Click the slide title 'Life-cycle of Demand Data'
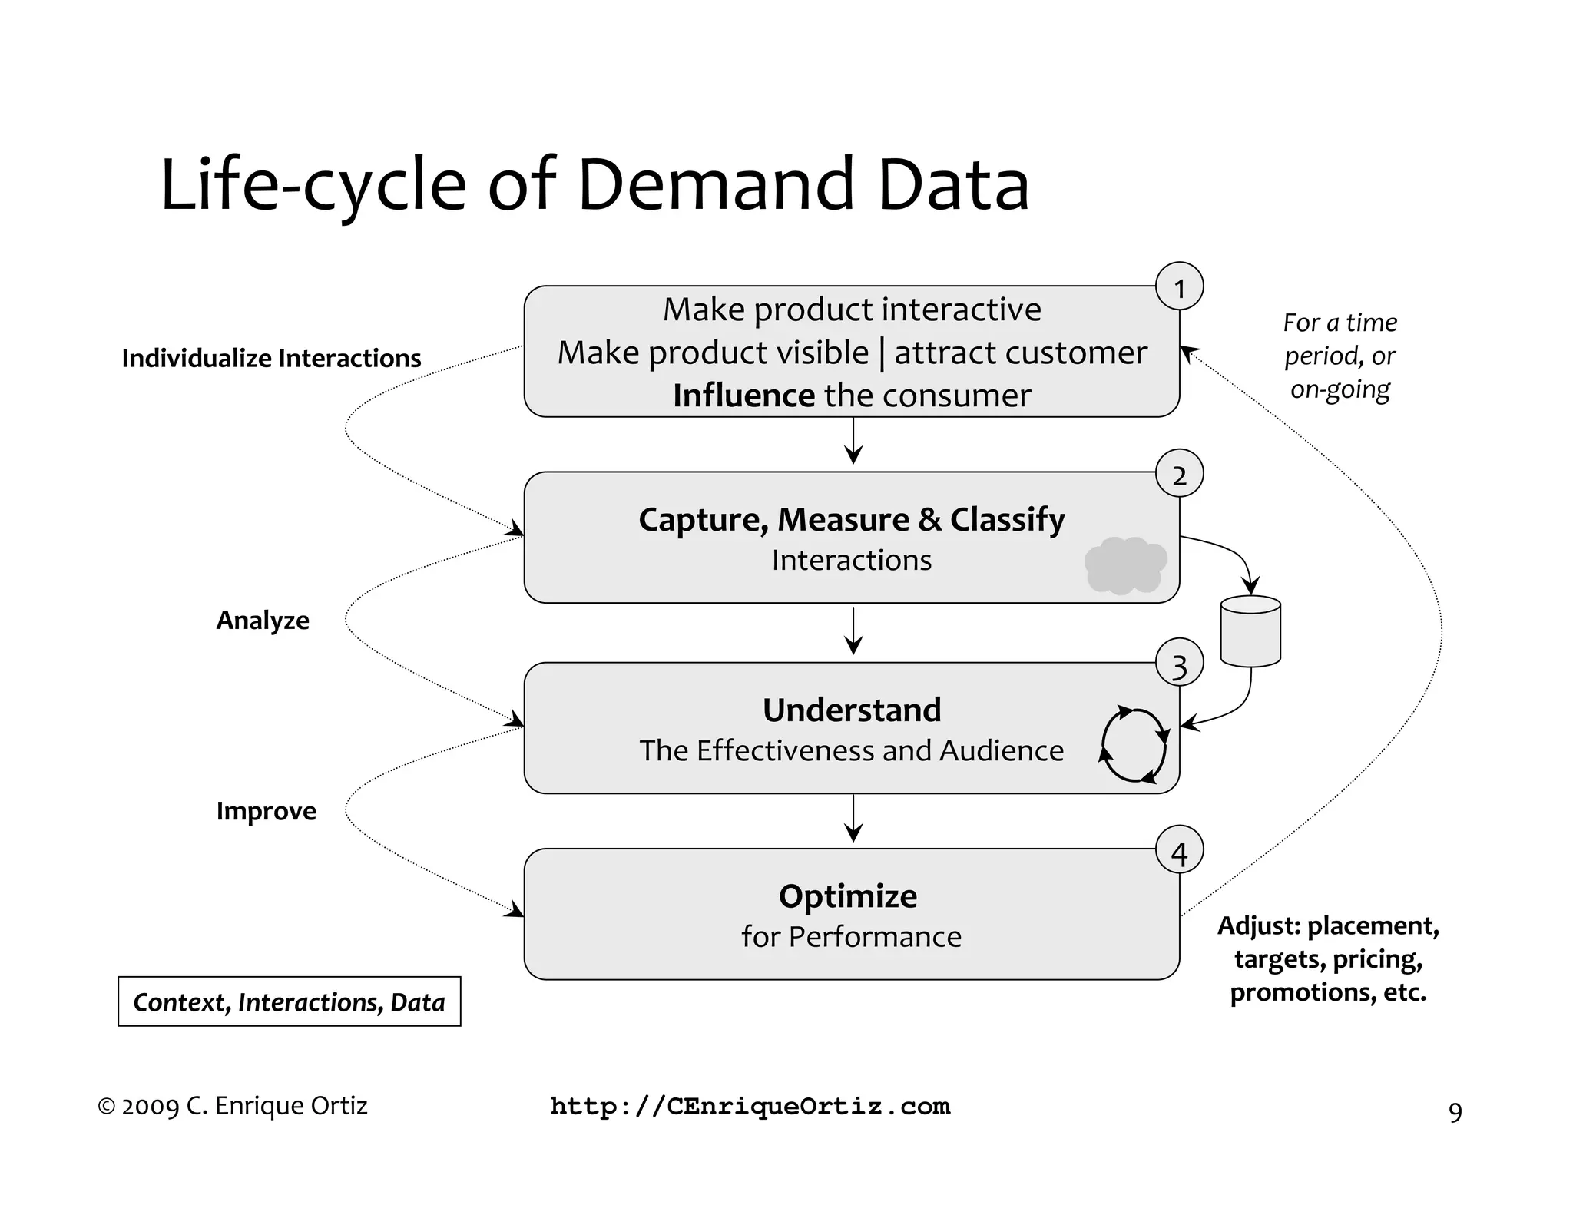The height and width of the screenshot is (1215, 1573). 594,184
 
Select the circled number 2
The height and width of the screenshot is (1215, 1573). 1179,474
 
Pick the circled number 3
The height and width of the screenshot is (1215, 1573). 1179,664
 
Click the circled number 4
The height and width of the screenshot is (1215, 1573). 1179,851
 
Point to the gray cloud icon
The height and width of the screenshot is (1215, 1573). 1125,565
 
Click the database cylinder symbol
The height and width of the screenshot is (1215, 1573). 1250,631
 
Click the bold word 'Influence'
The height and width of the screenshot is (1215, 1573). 743,396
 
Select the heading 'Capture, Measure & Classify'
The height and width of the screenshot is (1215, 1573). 851,520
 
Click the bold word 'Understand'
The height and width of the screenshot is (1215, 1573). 851,710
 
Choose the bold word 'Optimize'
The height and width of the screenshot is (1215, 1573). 848,896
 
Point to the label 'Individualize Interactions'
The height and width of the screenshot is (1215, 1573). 271,359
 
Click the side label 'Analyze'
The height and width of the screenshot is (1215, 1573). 263,621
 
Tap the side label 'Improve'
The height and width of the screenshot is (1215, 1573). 266,811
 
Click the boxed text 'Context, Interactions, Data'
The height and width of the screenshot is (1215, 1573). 290,1001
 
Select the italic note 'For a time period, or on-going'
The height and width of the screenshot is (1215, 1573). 1340,356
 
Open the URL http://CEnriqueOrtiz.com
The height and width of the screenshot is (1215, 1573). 750,1107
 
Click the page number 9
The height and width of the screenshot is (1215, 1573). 1455,1112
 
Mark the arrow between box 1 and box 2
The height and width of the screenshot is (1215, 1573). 853,442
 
